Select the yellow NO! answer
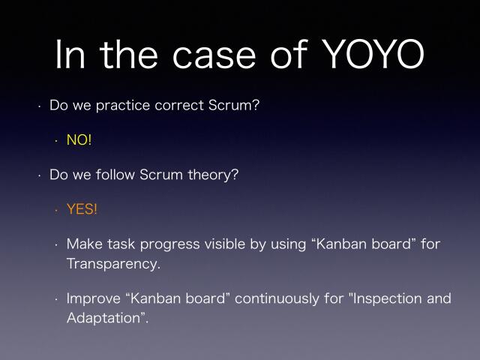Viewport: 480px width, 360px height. point(79,140)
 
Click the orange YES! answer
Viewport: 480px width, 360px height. point(82,209)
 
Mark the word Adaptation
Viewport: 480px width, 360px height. point(104,319)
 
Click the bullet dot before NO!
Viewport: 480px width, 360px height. point(55,141)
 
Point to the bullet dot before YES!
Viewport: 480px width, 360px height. point(55,210)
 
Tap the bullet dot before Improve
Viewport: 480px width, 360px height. point(55,299)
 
